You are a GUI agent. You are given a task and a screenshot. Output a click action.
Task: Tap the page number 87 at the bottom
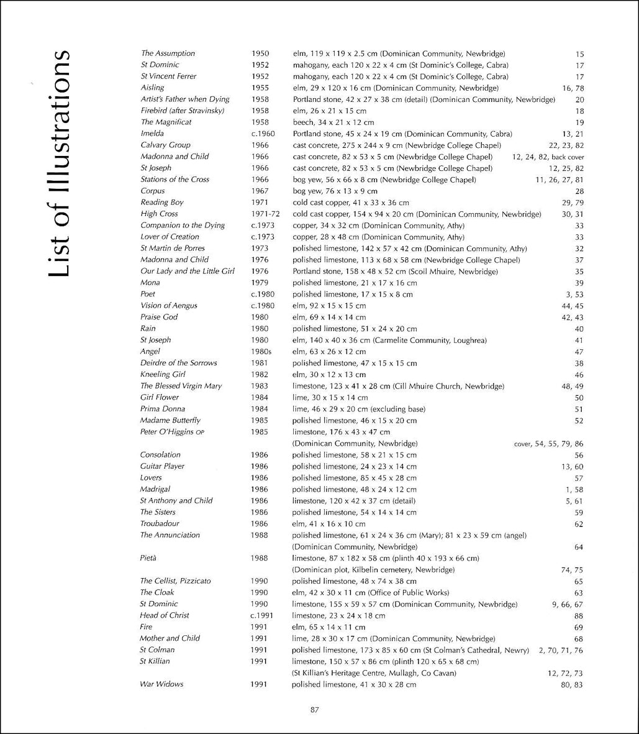[314, 711]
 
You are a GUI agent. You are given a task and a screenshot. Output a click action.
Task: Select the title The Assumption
[168, 53]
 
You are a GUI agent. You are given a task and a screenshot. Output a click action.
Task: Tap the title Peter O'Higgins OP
[170, 432]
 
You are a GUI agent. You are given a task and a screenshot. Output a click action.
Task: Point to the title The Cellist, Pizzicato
[175, 581]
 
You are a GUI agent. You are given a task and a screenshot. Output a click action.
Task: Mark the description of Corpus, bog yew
[335, 191]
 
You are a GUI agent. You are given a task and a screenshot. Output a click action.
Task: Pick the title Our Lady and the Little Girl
[188, 272]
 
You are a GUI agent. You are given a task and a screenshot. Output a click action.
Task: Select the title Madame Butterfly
[170, 420]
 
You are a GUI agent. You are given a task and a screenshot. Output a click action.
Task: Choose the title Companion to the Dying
[183, 226]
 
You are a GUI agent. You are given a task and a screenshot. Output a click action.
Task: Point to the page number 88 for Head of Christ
[579, 615]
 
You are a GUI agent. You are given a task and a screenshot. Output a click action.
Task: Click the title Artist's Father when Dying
[185, 99]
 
